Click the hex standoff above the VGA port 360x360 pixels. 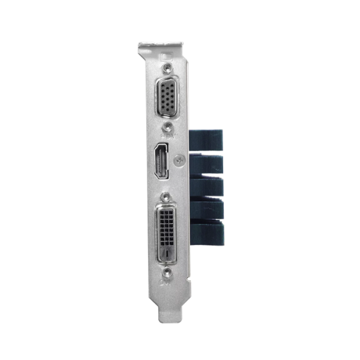pos(168,67)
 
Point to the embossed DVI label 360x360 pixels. pos(179,229)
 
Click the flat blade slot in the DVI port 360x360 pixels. pos(166,253)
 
